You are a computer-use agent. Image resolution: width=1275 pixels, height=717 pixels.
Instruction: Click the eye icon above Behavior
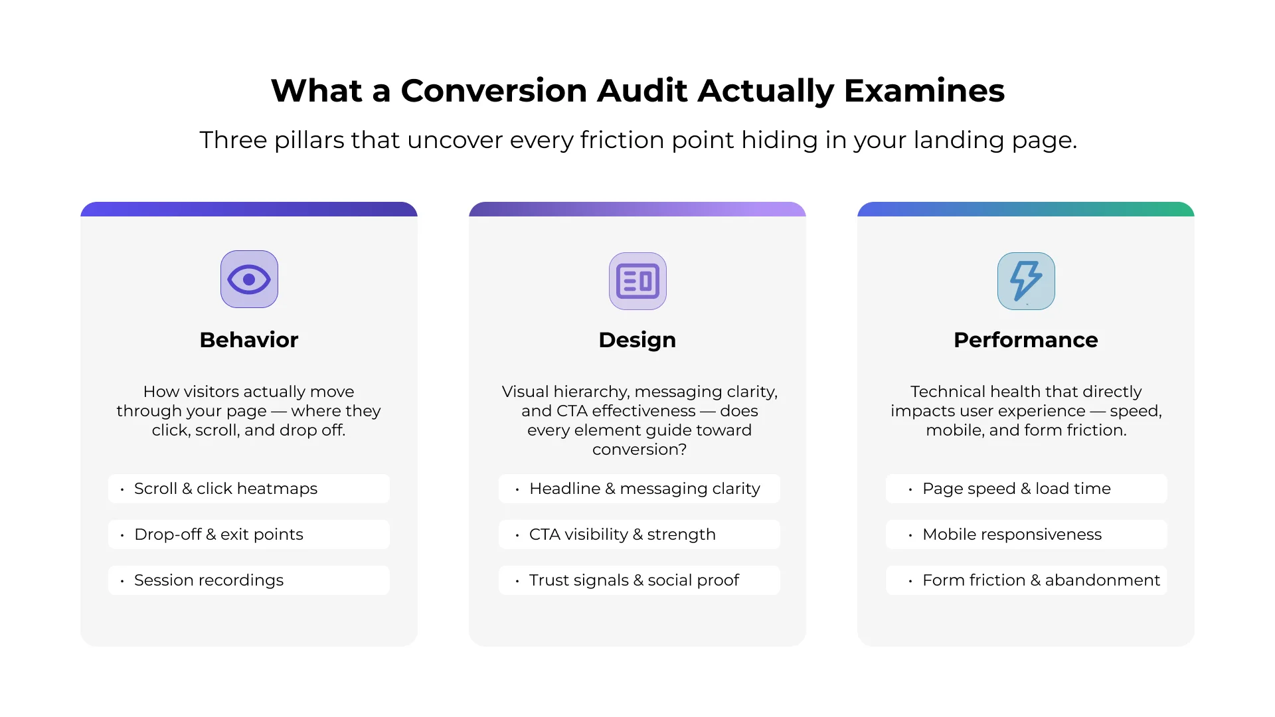point(249,279)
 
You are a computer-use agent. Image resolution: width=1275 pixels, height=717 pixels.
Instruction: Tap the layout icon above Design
point(637,281)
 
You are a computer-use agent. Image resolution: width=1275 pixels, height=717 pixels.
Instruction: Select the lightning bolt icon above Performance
point(1026,281)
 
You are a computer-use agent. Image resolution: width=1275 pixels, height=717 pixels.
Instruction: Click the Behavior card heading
point(249,340)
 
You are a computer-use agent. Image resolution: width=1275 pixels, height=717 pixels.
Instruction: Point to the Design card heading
point(637,340)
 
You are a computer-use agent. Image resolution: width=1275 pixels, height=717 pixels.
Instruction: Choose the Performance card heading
point(1026,340)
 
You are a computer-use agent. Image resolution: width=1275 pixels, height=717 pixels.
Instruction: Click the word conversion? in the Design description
point(639,449)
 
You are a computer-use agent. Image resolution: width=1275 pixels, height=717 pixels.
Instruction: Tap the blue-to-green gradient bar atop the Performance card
point(1026,209)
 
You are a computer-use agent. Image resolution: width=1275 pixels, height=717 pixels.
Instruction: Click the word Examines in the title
point(924,91)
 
